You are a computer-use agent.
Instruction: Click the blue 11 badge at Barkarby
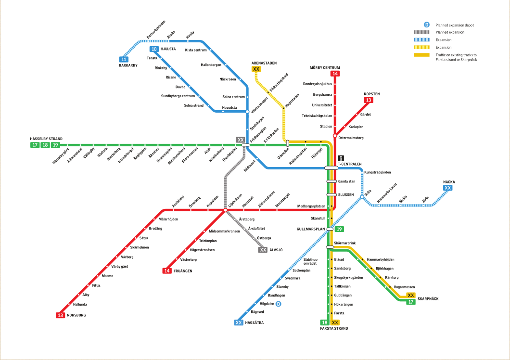tap(124, 59)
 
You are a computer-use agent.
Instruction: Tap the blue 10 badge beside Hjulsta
tap(154, 49)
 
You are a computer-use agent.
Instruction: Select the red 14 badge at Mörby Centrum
tap(335, 74)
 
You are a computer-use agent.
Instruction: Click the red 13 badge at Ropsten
tap(368, 100)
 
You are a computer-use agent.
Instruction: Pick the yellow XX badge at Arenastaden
tap(256, 69)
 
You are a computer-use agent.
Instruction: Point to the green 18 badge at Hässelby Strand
tap(45, 145)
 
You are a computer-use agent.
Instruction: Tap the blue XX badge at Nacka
tap(448, 188)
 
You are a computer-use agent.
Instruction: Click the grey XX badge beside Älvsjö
tap(263, 250)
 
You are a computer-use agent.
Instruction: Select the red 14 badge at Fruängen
tap(167, 271)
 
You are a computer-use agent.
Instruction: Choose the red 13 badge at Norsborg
tap(60, 315)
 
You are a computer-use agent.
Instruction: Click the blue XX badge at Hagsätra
tap(239, 322)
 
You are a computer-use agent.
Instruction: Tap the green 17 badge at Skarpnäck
tap(411, 302)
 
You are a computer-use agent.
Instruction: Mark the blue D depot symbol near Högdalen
tap(279, 304)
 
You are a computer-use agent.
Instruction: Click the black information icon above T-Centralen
tap(341, 158)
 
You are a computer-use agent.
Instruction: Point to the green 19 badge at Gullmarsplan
tap(339, 229)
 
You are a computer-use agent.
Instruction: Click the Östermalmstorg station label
tap(351, 138)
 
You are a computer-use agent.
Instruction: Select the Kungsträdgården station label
tap(378, 172)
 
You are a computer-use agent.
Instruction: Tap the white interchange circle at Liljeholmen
tap(225, 210)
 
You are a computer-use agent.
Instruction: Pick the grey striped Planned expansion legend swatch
tap(421, 32)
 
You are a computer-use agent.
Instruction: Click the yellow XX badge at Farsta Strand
tap(335, 322)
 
